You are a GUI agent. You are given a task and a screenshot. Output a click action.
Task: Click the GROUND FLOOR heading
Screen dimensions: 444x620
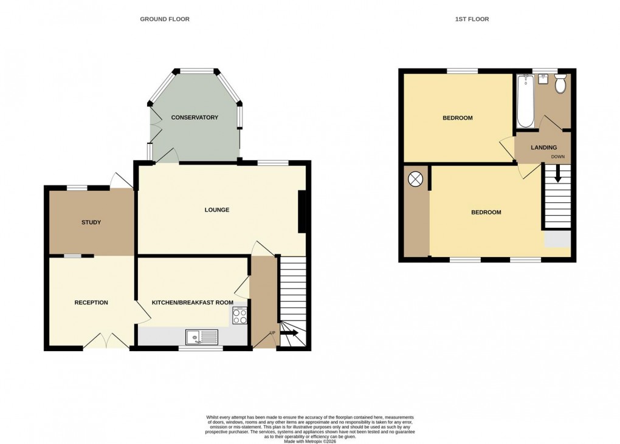165,19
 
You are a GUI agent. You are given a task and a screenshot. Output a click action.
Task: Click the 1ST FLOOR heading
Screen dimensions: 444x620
472,19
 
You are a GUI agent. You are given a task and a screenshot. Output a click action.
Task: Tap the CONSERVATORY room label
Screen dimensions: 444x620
195,117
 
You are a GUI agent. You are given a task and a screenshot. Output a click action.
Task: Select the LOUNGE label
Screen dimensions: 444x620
217,210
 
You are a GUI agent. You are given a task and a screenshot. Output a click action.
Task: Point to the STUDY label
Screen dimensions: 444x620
91,222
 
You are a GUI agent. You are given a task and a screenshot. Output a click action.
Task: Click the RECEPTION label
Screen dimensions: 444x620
91,302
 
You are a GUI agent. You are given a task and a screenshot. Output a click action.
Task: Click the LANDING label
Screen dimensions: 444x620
543,148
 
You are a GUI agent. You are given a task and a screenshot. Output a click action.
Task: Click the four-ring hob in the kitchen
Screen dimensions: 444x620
239,316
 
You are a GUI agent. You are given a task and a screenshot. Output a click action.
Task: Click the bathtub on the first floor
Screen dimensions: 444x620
525,101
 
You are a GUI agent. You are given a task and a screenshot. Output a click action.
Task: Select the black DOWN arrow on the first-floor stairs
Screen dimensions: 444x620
557,176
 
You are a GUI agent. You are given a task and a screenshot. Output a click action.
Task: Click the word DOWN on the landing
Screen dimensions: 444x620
557,157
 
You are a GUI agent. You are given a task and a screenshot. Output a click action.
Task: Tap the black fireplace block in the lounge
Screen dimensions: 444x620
302,211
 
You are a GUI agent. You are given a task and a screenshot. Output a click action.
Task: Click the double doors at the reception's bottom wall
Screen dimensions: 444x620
106,341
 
